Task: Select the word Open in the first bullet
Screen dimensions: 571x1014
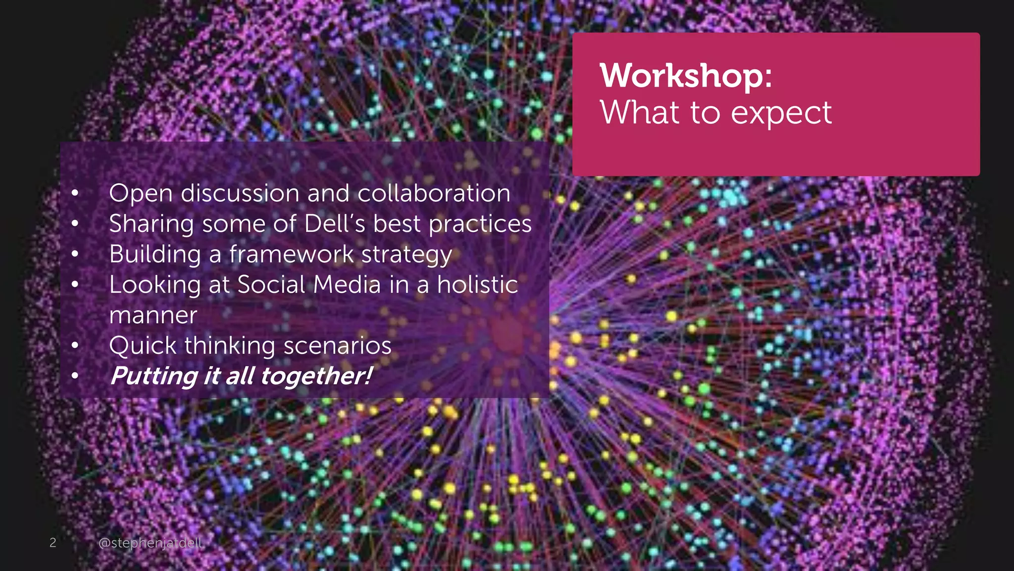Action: tap(141, 194)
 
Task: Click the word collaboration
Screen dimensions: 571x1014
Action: tap(434, 193)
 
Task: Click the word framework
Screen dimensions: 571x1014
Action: tap(291, 254)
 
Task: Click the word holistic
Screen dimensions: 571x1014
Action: tap(477, 285)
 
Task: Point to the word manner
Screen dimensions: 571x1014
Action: tap(153, 316)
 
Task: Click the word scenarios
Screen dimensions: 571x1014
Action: tap(337, 345)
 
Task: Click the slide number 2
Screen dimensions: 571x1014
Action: tap(53, 543)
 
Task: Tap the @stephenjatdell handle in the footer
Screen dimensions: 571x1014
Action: tap(151, 543)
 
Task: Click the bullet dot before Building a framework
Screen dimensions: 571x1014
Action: tap(75, 254)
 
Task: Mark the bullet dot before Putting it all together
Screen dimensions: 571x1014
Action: tap(75, 376)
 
